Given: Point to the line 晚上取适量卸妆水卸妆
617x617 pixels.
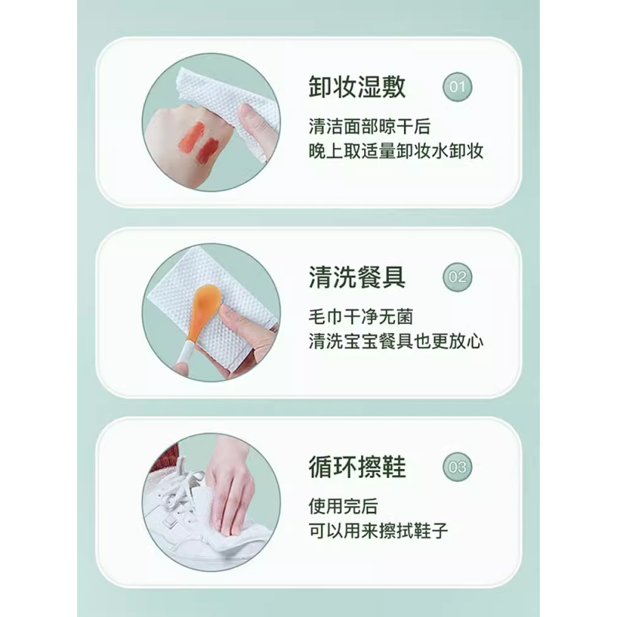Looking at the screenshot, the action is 395,151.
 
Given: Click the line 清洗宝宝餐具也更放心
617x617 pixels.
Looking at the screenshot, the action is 395,340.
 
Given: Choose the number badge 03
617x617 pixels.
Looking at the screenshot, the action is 457,467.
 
